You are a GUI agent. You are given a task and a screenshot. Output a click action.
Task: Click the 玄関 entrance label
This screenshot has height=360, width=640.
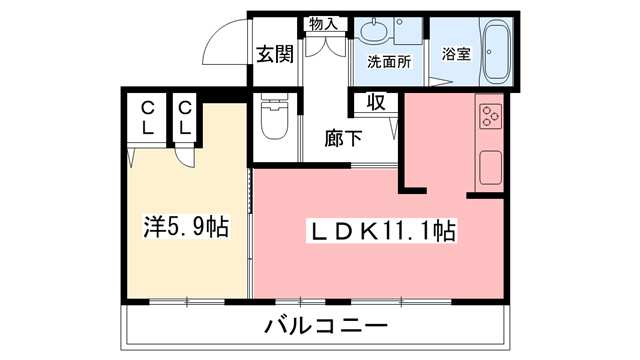point(273,55)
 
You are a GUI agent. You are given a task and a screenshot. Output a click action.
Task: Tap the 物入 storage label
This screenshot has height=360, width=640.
point(324,23)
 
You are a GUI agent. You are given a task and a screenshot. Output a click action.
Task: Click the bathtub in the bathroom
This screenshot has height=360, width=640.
point(497,51)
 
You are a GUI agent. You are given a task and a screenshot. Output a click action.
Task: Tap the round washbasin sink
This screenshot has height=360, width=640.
point(372,31)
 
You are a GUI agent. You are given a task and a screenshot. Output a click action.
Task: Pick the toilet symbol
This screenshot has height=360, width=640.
point(273,121)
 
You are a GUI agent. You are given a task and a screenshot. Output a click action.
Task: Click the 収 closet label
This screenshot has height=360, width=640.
point(375,101)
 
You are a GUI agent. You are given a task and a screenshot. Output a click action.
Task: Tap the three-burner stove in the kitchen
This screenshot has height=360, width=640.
point(490,116)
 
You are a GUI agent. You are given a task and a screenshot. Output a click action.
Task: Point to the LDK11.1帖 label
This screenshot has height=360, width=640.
point(380,232)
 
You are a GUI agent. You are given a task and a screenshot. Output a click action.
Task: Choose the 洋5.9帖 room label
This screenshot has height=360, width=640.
point(185,227)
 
